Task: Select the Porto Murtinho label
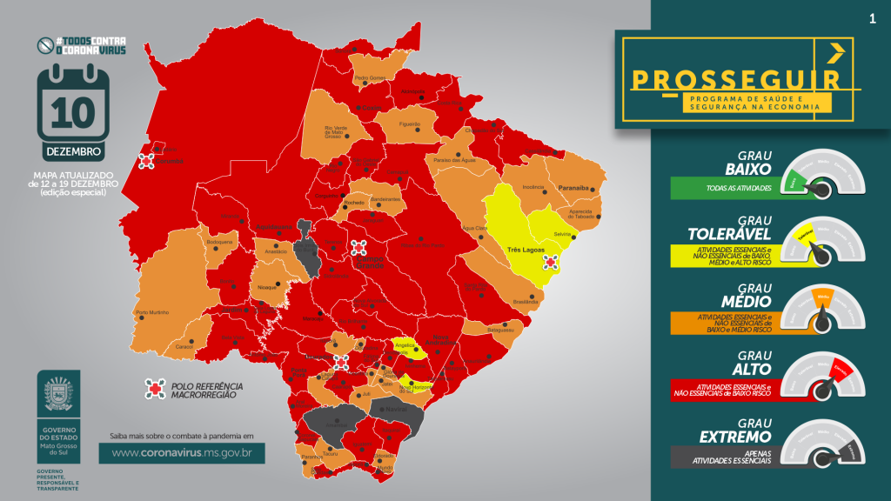click(x=151, y=312)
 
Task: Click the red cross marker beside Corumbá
click(x=147, y=160)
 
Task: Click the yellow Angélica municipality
click(x=405, y=347)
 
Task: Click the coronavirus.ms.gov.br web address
click(x=182, y=453)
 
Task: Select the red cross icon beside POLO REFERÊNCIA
click(x=155, y=390)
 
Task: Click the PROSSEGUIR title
click(x=736, y=79)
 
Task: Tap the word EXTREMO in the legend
click(x=737, y=436)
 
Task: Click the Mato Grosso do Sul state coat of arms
click(x=59, y=395)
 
